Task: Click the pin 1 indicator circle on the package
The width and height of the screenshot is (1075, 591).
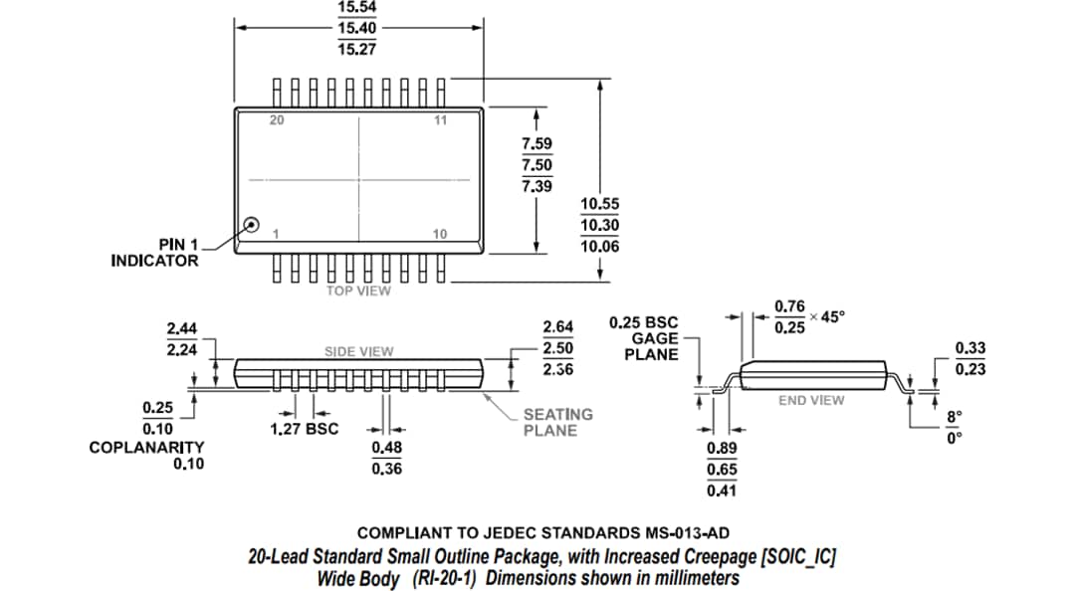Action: click(x=252, y=225)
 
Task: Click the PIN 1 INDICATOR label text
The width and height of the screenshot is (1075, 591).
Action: click(x=154, y=253)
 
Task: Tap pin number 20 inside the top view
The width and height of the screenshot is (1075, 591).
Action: click(x=277, y=120)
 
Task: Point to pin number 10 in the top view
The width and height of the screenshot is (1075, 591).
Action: click(x=439, y=234)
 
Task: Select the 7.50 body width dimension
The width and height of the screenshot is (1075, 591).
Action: click(x=537, y=165)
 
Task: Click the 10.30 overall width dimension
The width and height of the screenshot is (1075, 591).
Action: click(x=599, y=225)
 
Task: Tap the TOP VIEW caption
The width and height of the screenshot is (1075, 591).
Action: click(x=358, y=291)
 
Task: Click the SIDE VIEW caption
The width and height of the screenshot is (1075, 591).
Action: click(x=358, y=351)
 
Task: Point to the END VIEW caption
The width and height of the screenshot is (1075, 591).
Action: click(x=811, y=400)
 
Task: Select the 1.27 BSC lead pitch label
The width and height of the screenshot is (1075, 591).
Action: click(x=305, y=429)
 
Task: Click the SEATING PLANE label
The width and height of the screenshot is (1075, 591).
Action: click(x=557, y=422)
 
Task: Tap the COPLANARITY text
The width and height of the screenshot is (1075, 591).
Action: click(x=146, y=448)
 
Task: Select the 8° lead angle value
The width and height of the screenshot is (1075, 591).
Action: click(x=954, y=417)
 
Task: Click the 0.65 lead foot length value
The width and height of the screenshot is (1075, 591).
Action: click(x=722, y=470)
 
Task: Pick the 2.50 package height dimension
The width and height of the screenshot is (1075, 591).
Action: click(x=557, y=347)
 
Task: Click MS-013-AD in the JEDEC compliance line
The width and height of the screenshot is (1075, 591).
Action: click(x=695, y=534)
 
